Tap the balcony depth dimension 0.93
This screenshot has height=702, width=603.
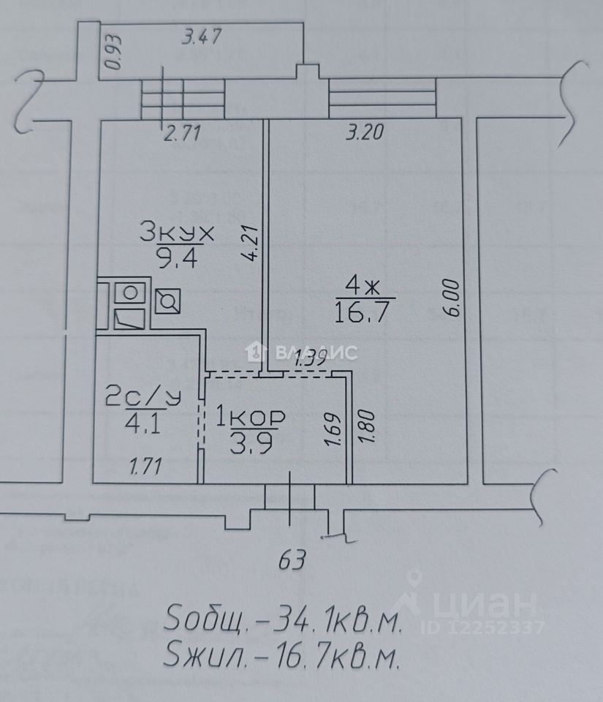tap(113, 53)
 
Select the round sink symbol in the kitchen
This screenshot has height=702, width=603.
tap(130, 293)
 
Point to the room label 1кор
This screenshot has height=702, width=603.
tap(249, 418)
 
